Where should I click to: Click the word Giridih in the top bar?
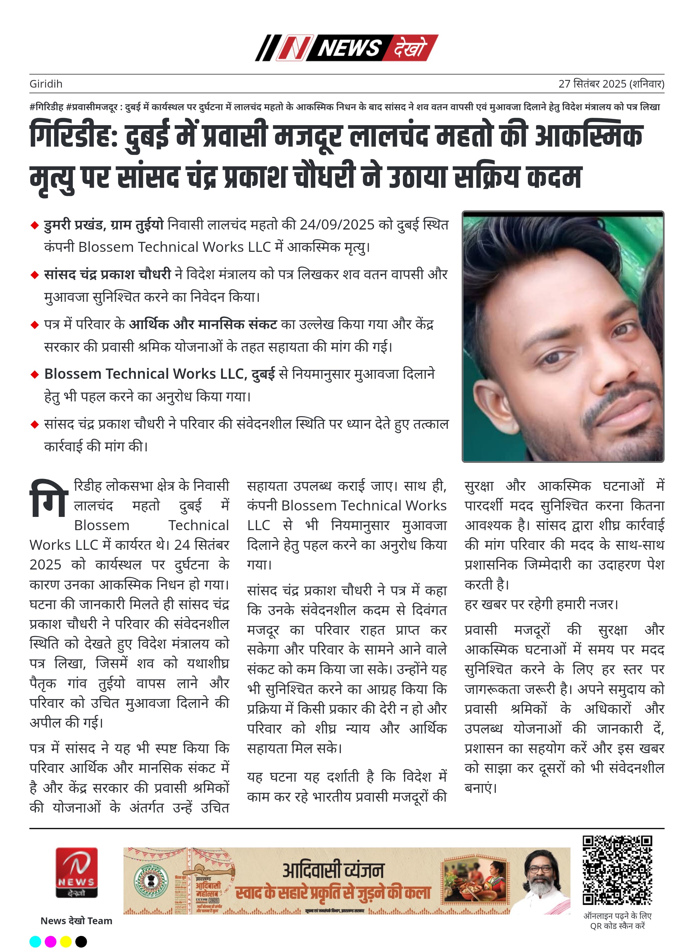coord(46,84)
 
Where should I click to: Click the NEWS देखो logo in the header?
coord(347,48)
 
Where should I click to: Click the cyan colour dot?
coord(35,941)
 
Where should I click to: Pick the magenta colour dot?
coord(50,941)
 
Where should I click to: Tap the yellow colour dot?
coord(66,941)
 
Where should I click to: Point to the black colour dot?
coord(81,941)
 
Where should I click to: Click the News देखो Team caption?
coord(76,920)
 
